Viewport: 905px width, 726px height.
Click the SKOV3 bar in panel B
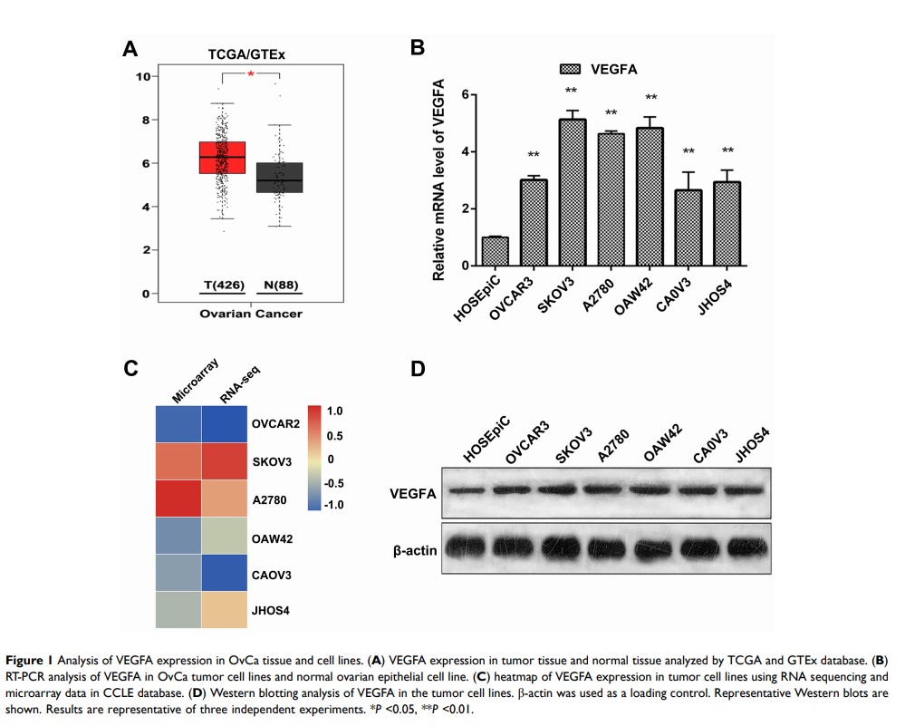573,192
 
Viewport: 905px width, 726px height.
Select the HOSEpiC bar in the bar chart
469,251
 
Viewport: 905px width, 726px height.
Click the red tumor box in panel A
223,158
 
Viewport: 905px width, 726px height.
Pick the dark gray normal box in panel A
280,178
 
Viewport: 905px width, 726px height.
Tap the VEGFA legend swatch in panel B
569,69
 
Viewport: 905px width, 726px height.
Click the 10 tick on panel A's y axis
142,76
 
